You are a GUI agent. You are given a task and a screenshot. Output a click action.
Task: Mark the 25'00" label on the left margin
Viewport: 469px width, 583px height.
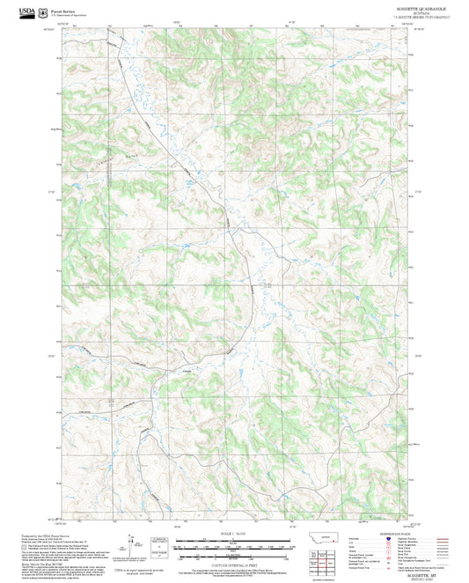(x=52, y=355)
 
